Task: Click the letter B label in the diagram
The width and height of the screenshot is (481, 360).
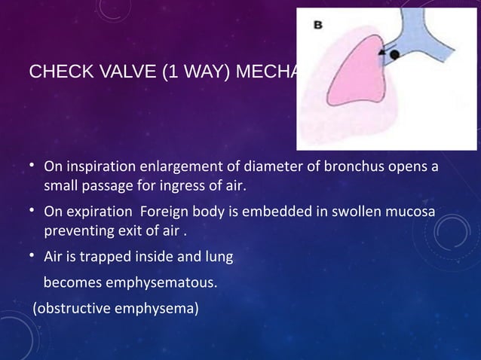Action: pyautogui.click(x=319, y=24)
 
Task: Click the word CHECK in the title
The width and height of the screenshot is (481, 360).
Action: pyautogui.click(x=52, y=73)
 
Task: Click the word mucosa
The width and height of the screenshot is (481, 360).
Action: pyautogui.click(x=411, y=212)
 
